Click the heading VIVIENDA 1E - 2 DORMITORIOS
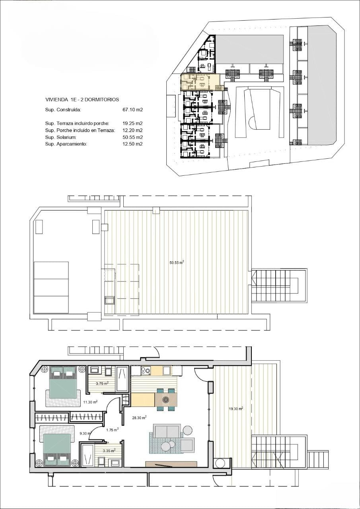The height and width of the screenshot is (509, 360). (82, 99)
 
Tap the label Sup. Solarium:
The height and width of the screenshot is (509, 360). (61, 137)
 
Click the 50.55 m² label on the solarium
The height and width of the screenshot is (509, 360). (177, 262)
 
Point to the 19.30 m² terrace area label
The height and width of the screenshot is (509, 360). (236, 408)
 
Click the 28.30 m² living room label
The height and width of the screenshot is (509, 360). (139, 417)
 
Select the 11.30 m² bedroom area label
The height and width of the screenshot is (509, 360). (90, 402)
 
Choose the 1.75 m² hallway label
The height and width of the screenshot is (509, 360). (113, 430)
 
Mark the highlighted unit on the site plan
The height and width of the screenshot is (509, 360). (200, 82)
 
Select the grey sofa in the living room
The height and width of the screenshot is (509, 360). (167, 431)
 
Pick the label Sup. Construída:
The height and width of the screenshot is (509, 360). (63, 110)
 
